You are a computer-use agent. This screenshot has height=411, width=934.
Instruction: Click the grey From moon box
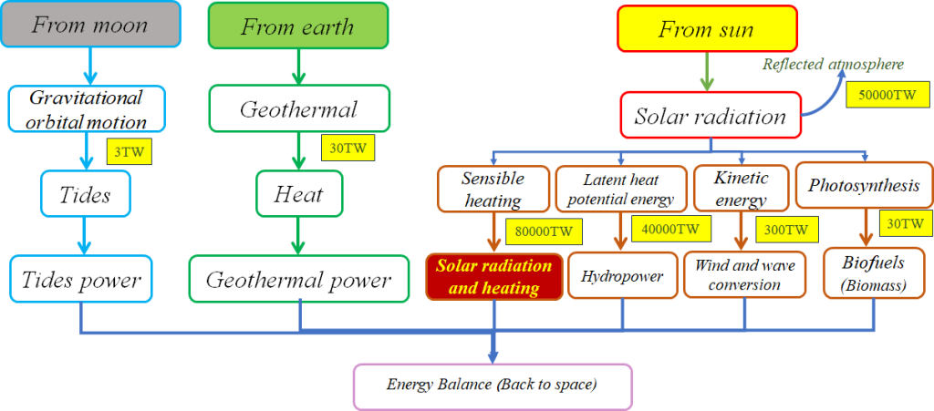pos(90,25)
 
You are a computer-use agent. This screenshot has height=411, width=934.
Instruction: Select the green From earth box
pos(298,26)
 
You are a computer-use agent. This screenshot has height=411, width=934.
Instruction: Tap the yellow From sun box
pos(706,28)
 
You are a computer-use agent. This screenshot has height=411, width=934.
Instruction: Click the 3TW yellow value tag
pos(130,151)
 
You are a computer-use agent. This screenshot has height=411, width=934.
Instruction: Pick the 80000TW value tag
pos(543,232)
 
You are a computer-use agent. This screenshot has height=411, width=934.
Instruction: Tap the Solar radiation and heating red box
pos(493,276)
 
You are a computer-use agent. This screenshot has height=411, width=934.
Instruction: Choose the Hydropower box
pos(622,275)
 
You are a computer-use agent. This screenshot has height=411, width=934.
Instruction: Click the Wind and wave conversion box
pos(744,275)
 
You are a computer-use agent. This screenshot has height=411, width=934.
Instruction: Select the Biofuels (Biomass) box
pos(874,272)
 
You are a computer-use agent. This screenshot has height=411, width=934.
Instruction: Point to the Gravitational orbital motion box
pos(87,109)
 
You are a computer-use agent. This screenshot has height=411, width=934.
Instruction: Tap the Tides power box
pos(80,279)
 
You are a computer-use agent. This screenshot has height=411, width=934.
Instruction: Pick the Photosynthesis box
pos(864,185)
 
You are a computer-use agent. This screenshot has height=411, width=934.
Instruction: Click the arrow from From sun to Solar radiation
pos(707,71)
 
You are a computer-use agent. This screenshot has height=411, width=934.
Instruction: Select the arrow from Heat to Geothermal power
pos(298,235)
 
